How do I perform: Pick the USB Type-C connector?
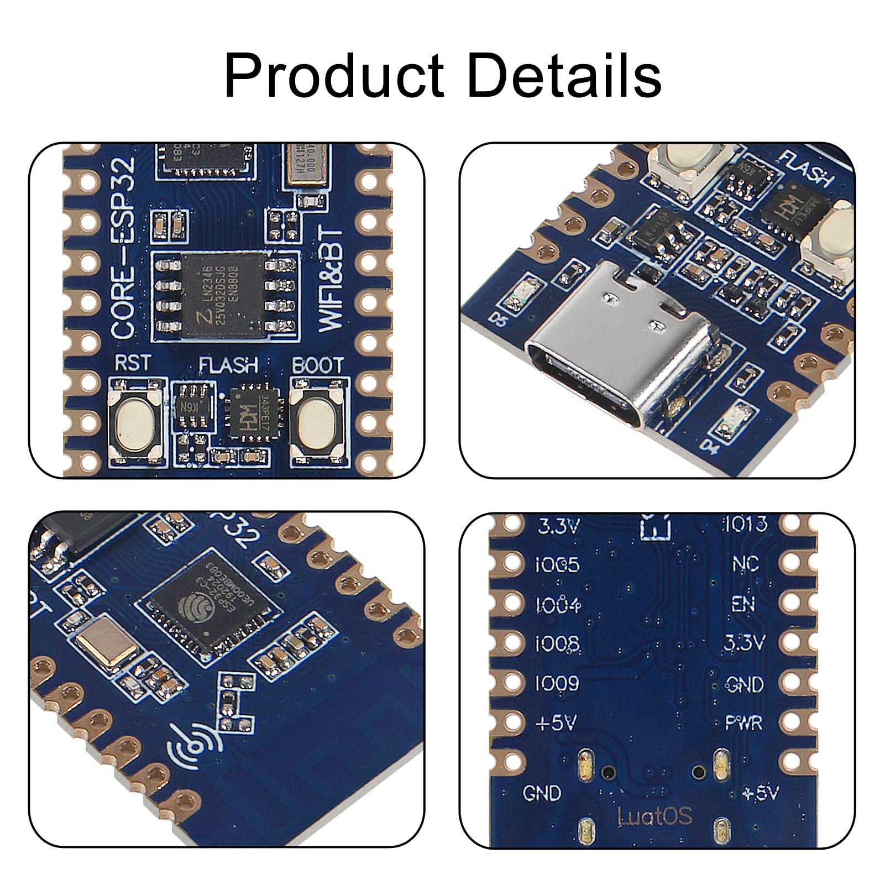click(619, 365)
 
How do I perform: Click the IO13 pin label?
click(745, 523)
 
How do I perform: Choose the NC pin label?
click(745, 564)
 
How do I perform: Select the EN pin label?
click(743, 604)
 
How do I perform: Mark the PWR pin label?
click(743, 723)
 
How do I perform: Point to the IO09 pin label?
click(557, 684)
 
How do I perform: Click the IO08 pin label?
click(557, 644)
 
